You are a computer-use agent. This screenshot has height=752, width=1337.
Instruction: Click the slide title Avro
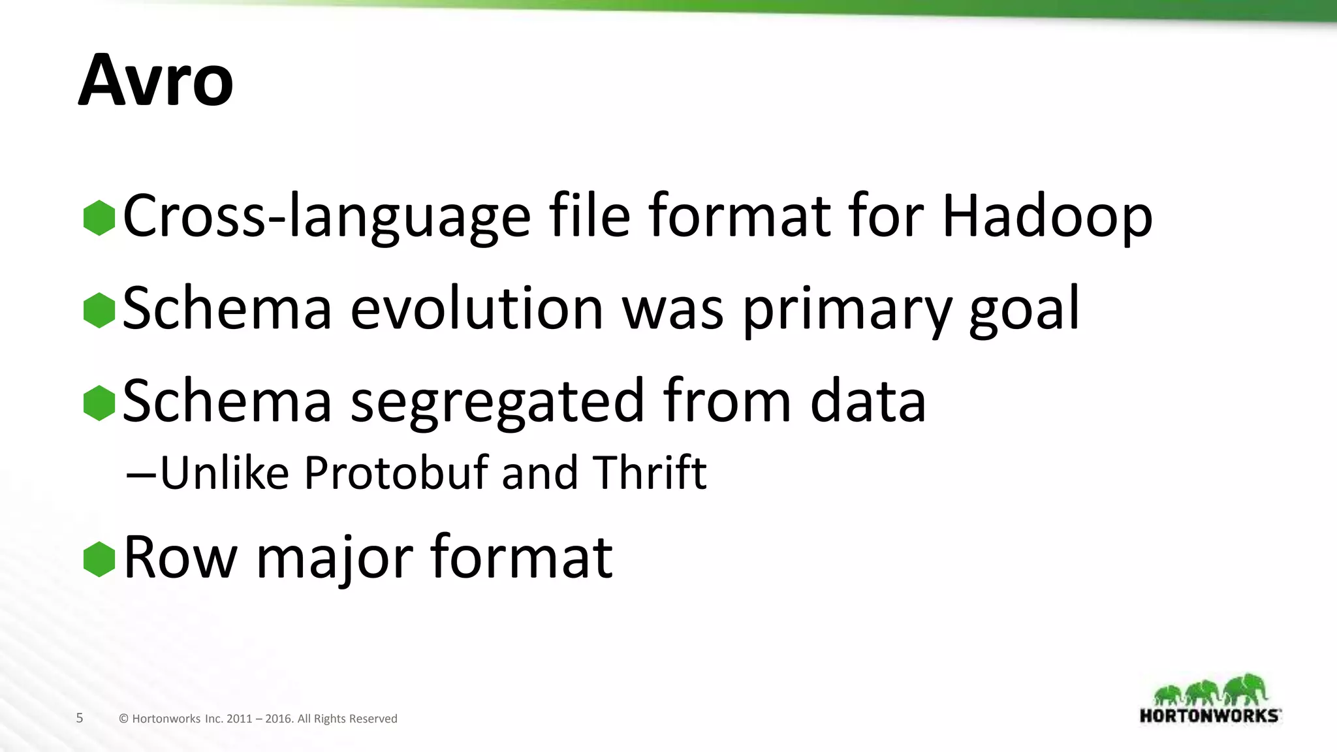pos(155,81)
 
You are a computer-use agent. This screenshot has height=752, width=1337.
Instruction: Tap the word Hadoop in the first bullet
pos(1047,216)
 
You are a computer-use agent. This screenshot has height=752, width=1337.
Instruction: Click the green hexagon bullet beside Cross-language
pos(99,217)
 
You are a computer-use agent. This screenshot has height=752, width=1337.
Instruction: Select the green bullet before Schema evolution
pos(99,310)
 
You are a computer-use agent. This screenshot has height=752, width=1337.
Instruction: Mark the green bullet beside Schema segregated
pos(99,403)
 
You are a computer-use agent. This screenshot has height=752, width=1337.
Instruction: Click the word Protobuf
pos(396,472)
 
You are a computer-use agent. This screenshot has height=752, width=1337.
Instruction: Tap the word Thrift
pos(649,472)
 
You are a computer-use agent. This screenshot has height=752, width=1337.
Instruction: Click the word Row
pos(180,558)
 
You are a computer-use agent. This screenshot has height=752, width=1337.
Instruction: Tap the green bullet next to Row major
pos(99,559)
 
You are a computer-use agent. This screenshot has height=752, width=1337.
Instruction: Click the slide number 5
pos(80,718)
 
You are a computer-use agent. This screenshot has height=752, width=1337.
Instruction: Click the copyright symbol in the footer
pos(123,719)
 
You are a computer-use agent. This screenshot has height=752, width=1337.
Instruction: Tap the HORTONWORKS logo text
pos(1209,715)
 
